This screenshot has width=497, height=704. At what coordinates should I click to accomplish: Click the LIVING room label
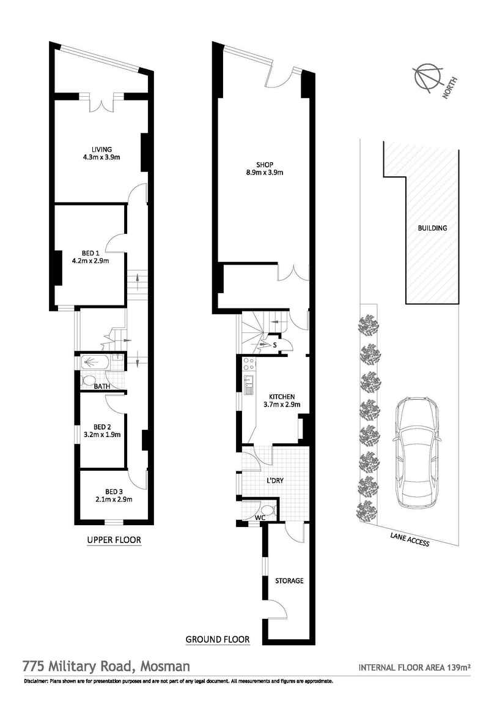(x=101, y=148)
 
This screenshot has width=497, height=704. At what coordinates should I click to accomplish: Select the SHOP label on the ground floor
(x=265, y=164)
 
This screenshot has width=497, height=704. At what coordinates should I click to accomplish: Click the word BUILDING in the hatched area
(x=432, y=228)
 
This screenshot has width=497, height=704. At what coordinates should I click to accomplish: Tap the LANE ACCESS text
(x=409, y=539)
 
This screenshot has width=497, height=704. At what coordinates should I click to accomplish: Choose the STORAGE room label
(x=289, y=580)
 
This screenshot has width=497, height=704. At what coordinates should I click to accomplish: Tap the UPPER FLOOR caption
(x=114, y=540)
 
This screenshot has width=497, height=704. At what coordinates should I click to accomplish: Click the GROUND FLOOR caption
(x=217, y=640)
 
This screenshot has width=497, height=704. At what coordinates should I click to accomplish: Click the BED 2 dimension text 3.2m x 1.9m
(x=101, y=435)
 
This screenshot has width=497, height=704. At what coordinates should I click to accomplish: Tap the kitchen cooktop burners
(x=248, y=365)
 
